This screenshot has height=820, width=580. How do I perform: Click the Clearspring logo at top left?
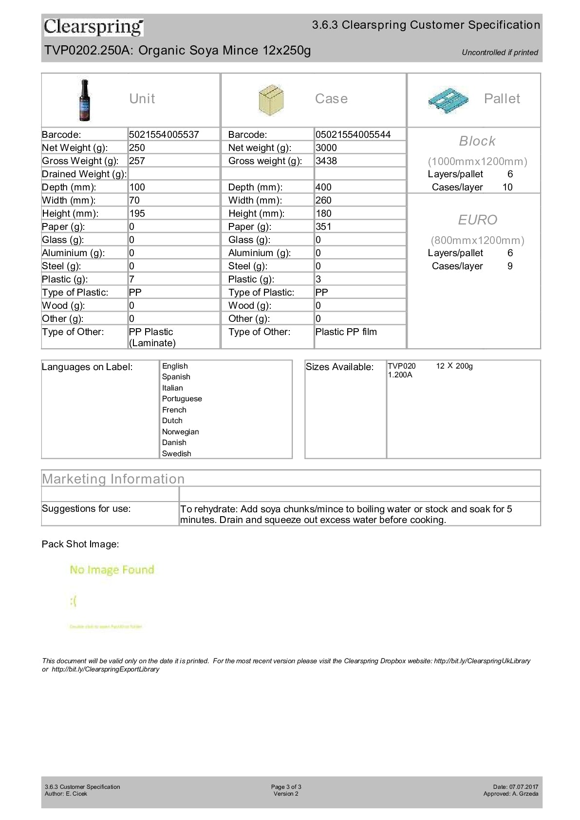point(94,27)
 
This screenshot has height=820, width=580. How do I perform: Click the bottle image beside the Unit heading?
point(85,100)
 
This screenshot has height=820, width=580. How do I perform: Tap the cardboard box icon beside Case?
point(271,99)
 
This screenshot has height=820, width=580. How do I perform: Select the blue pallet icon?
point(448,100)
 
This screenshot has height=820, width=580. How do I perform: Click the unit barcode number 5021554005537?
point(164,134)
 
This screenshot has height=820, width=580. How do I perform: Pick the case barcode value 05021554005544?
point(353,134)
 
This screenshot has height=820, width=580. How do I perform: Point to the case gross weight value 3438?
point(326,161)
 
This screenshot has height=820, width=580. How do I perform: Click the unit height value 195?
point(137,213)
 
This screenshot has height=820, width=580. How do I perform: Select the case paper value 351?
point(323,226)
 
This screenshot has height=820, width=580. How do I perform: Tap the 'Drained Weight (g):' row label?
point(84,174)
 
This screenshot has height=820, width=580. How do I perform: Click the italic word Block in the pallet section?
point(477,141)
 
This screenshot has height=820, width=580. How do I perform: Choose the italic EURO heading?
point(477,220)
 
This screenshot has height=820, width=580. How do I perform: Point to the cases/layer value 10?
point(507,187)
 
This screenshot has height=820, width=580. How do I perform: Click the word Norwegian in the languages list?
point(180,432)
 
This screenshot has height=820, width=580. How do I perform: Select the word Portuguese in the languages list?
point(182,399)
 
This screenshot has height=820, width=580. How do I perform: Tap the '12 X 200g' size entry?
point(454,366)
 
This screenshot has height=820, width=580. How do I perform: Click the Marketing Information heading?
point(113,479)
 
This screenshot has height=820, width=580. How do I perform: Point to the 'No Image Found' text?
point(112,570)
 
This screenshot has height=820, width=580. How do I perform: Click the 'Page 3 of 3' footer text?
point(286,787)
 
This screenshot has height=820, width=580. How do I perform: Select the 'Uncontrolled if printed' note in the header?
point(500,53)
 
